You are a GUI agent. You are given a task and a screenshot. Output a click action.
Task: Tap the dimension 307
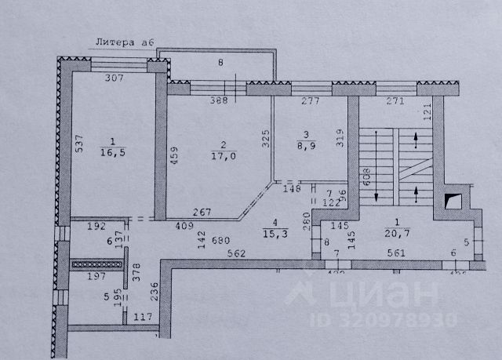point(116,78)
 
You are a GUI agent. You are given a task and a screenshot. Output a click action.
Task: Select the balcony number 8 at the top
point(220,62)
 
